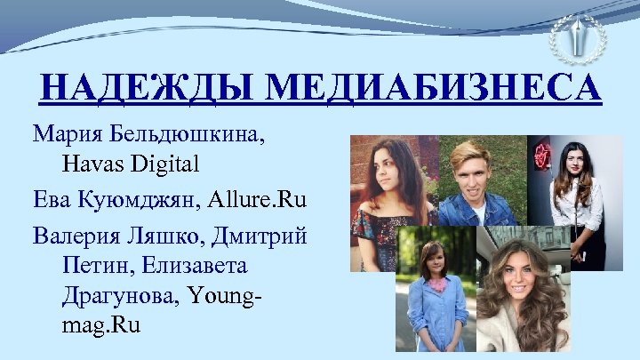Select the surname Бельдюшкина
188,136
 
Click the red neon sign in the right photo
541,158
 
